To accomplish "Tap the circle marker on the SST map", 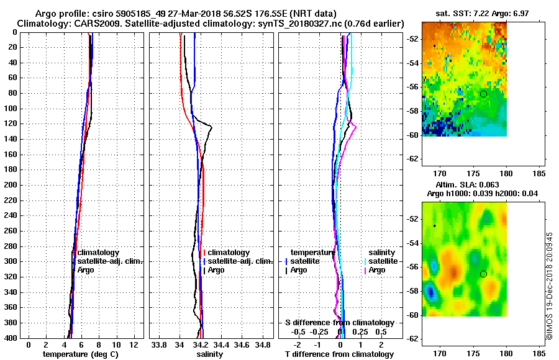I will pos(483,94).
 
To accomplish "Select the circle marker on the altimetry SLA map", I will pos(483,274).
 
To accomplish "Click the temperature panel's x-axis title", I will pos(80,354).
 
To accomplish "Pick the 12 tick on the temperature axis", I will pos(133,344).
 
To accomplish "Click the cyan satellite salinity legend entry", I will pos(383,261).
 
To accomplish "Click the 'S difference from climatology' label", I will pos(340,323).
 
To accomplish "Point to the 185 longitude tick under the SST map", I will pos(539,174).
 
